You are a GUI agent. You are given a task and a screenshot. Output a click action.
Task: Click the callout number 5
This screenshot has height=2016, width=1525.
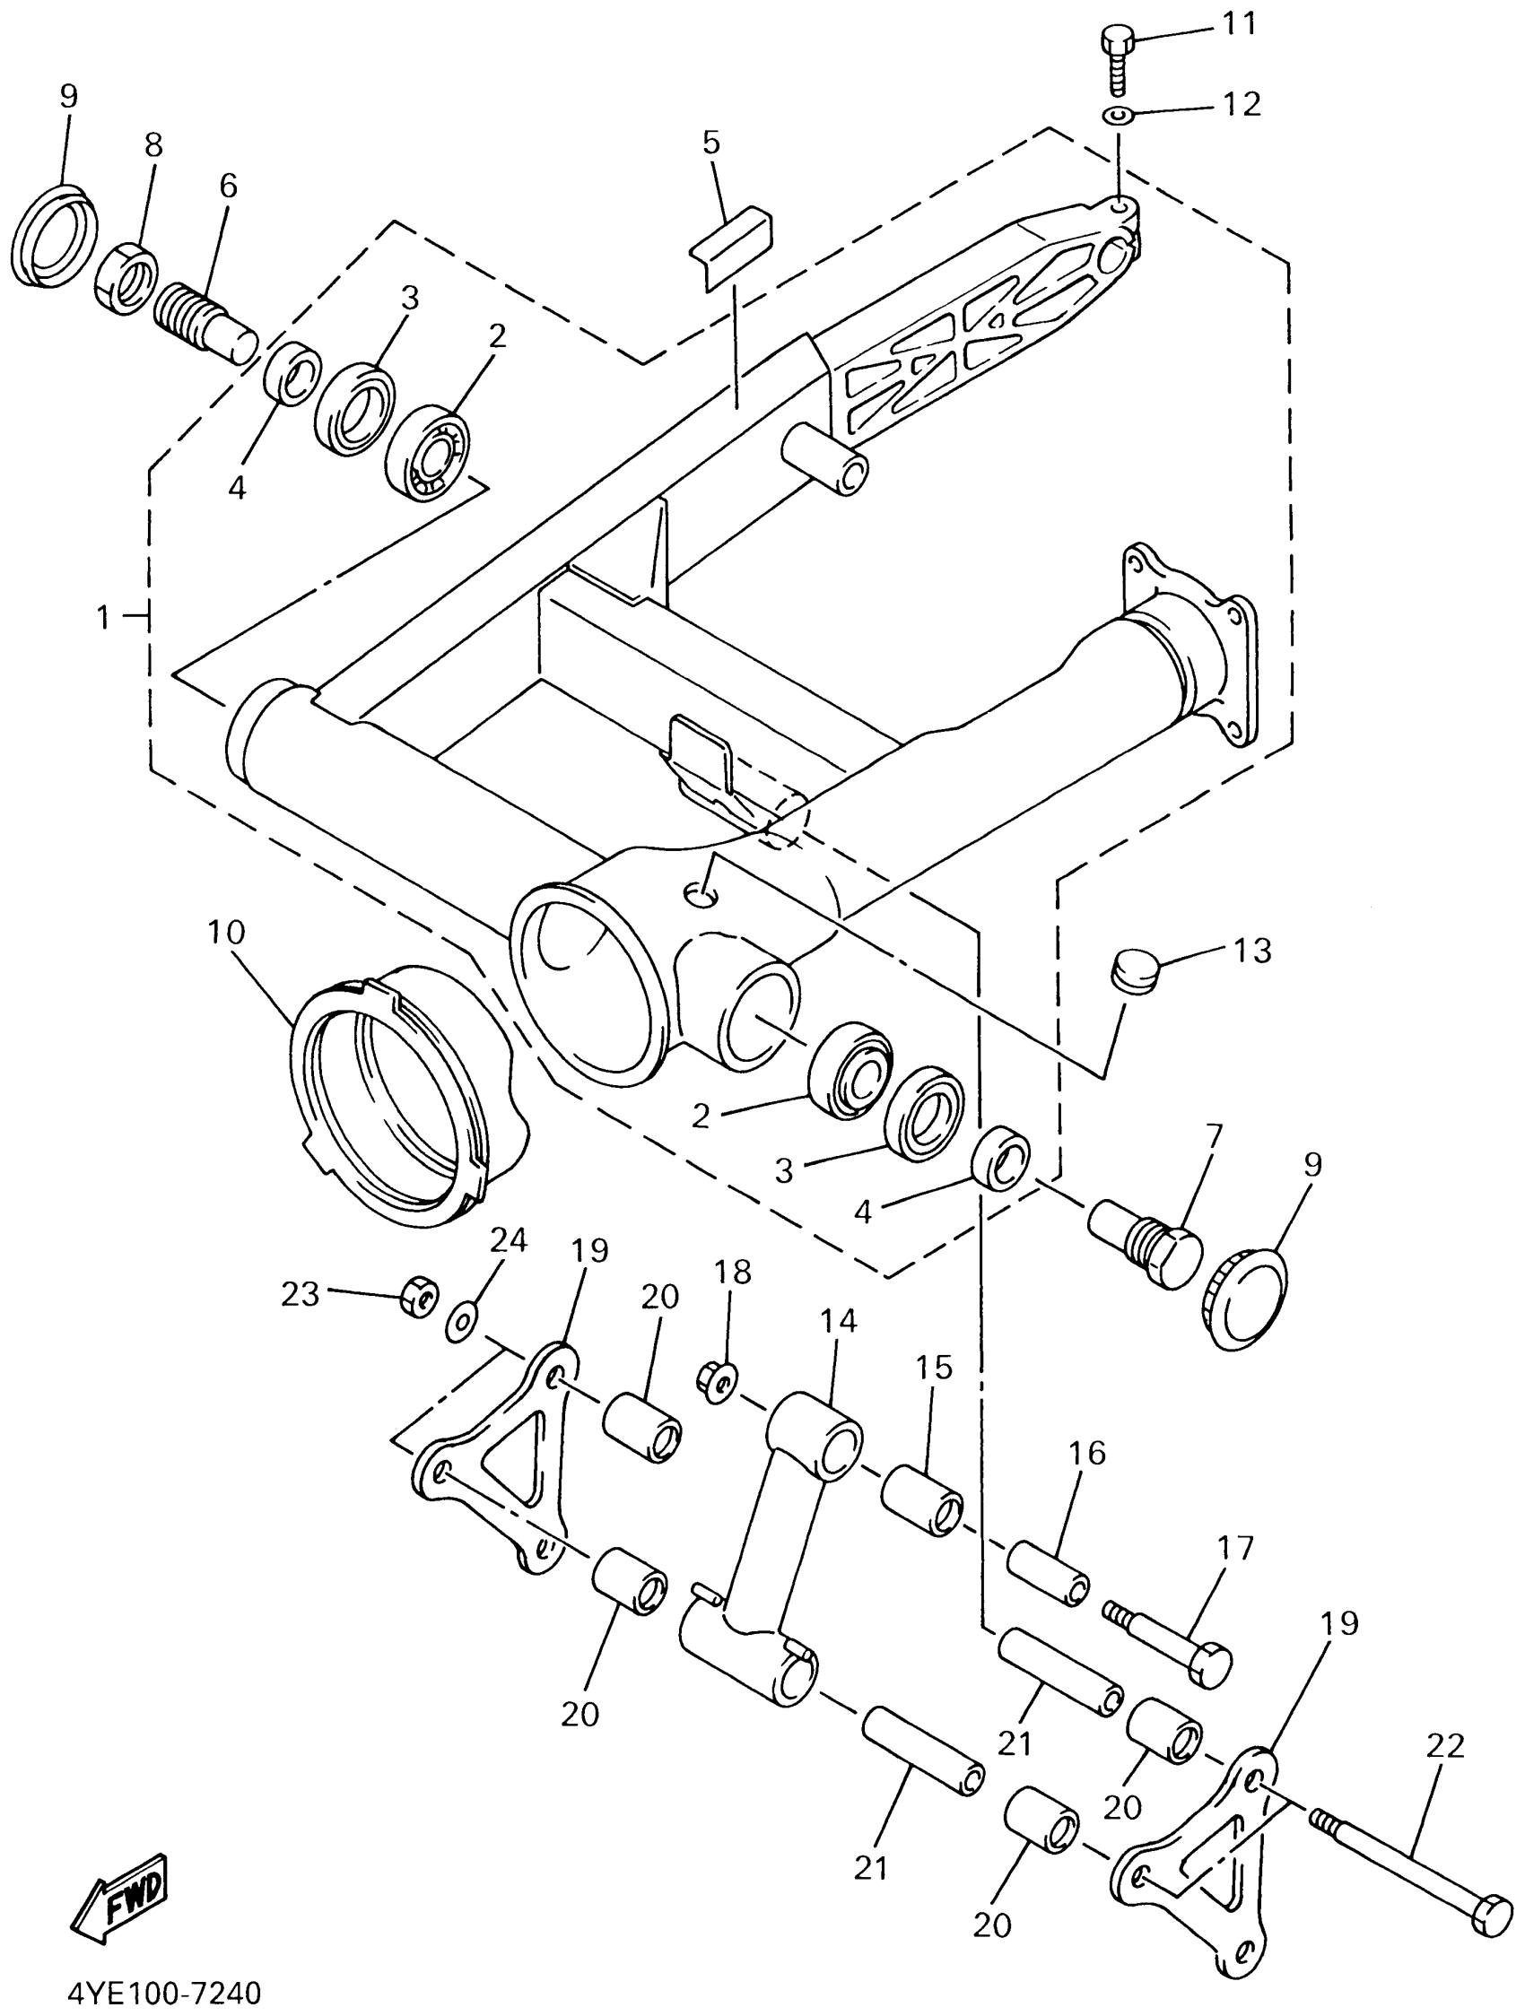(711, 143)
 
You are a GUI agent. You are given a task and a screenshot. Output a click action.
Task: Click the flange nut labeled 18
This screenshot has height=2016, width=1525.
(720, 1378)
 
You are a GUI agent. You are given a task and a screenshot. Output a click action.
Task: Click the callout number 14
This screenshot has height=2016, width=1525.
(839, 1321)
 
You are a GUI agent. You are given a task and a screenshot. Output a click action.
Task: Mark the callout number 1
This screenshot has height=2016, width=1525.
(104, 618)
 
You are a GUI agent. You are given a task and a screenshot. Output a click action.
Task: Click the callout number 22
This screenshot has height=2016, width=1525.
(1447, 1745)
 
